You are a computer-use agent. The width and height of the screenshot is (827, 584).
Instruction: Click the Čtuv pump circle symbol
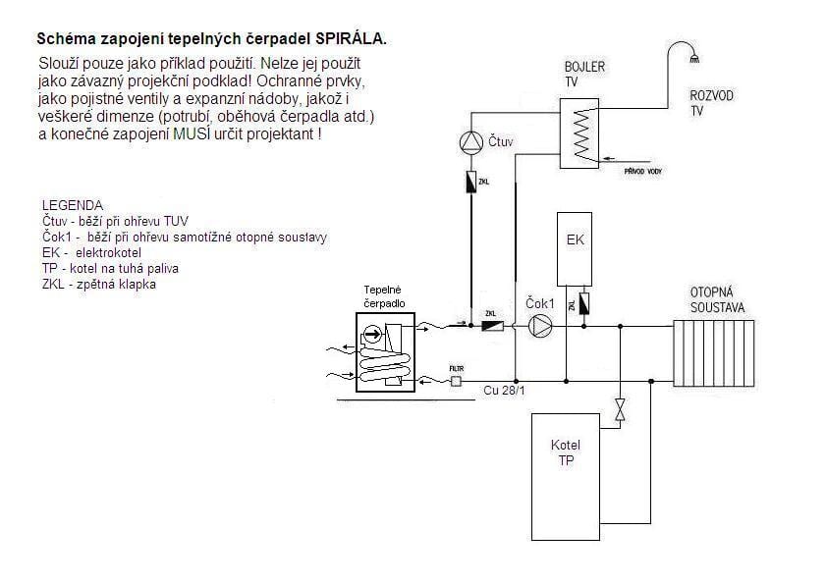(x=471, y=142)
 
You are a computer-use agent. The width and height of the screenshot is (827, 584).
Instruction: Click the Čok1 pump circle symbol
(x=539, y=326)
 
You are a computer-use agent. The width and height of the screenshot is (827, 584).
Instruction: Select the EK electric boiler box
(x=575, y=249)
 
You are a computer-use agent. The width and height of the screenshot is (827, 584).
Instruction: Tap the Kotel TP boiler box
(x=566, y=476)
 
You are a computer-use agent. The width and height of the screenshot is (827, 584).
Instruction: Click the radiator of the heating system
(x=714, y=353)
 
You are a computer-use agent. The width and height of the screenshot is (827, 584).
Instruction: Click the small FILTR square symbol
(x=456, y=381)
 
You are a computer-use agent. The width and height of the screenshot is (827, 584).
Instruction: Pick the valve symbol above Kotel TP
(x=621, y=409)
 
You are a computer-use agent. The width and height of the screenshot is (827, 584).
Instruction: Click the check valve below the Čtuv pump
(x=471, y=182)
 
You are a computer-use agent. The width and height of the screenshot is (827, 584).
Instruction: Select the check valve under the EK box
(x=583, y=303)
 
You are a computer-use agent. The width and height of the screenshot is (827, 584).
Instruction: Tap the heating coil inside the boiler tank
(x=583, y=133)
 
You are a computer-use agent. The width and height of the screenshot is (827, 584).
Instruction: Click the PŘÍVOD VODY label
(x=643, y=172)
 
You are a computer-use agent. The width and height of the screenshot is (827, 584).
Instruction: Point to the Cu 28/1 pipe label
(x=504, y=391)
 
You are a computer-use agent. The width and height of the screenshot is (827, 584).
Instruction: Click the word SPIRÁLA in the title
(x=351, y=39)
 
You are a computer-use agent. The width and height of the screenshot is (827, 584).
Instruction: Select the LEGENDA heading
(x=73, y=205)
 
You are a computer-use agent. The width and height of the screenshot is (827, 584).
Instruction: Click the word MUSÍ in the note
(x=192, y=133)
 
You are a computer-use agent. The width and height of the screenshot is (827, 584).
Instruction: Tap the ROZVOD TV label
(x=711, y=103)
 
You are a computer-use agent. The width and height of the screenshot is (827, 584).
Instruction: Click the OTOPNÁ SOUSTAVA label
(x=717, y=300)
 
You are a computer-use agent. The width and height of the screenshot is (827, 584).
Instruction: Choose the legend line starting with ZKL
(x=98, y=285)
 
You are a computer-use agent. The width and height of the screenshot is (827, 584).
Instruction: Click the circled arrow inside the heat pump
(x=373, y=334)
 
